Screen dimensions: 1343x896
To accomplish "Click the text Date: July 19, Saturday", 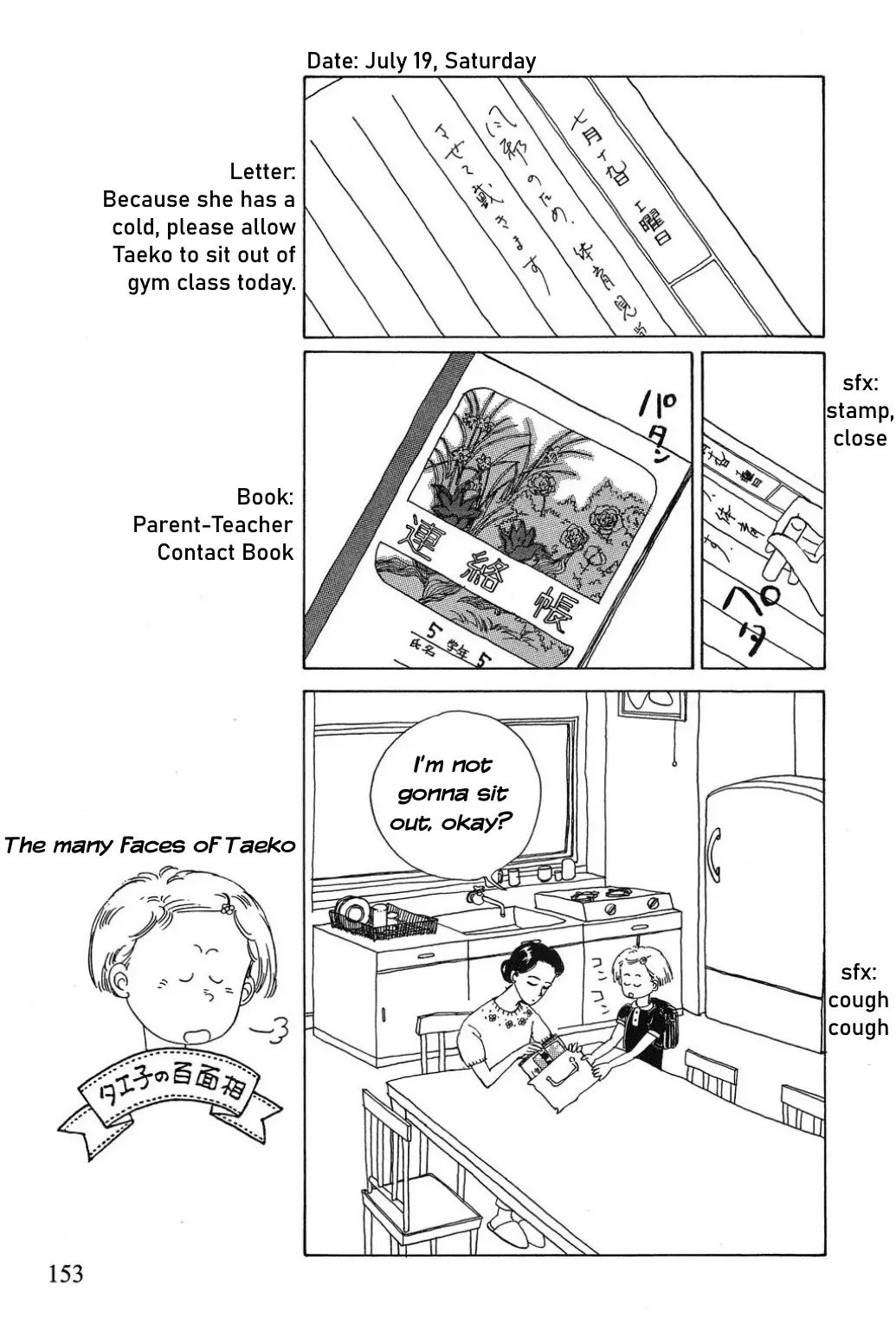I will [422, 61].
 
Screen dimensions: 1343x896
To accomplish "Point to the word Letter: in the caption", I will [262, 171].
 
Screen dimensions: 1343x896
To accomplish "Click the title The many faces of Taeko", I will [149, 845].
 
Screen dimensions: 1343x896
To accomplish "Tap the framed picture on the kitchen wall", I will [651, 704].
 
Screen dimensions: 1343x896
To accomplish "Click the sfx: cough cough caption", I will [857, 999].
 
